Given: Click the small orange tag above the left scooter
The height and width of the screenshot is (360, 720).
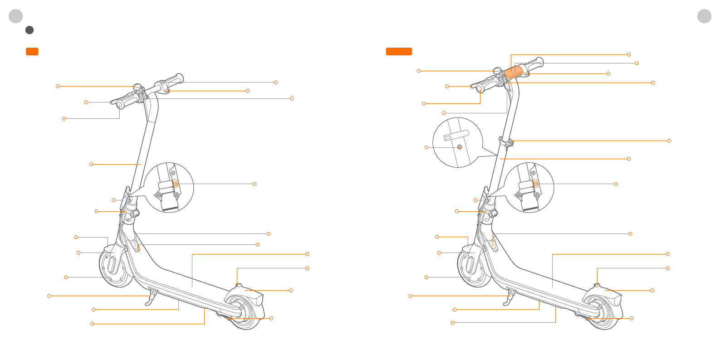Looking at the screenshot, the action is [x=32, y=51].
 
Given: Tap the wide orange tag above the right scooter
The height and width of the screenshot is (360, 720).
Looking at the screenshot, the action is [x=399, y=51].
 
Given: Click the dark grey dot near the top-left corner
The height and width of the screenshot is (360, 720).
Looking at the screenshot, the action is [x=29, y=30].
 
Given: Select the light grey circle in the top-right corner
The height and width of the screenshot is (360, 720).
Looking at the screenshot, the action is [x=704, y=16].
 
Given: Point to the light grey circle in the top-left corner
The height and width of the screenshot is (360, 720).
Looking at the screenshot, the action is [x=16, y=16].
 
